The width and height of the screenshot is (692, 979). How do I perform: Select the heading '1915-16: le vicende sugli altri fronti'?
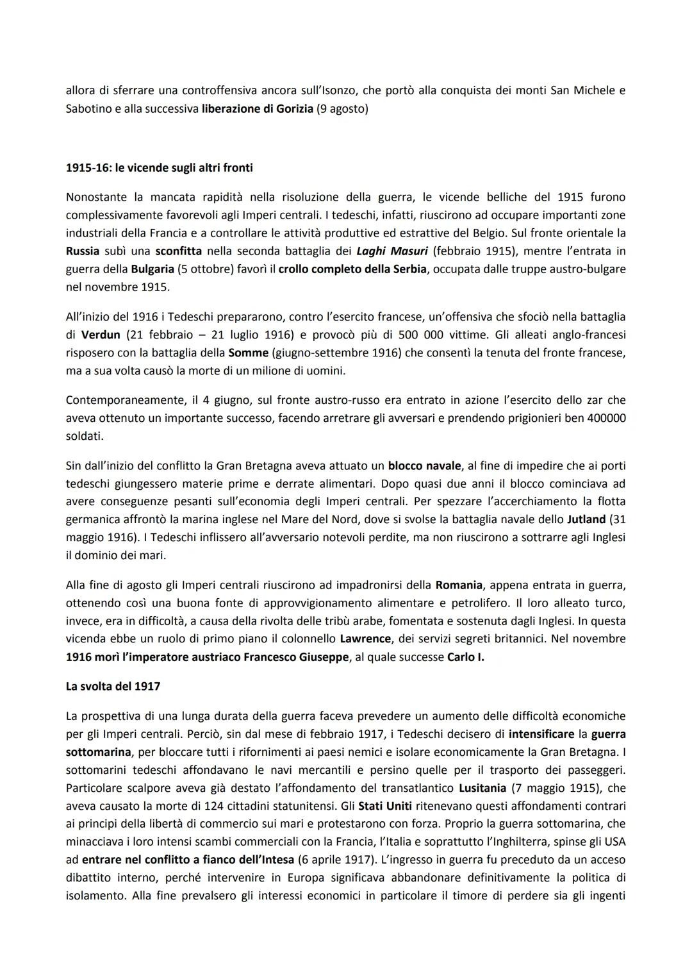[159, 168]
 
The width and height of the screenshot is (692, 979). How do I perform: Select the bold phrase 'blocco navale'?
[424, 465]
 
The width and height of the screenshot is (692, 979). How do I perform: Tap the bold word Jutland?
[586, 519]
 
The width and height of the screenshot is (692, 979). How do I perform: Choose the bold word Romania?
[458, 585]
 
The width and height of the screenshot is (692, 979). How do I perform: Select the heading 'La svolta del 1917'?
[113, 686]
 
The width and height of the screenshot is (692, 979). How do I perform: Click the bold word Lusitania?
[482, 787]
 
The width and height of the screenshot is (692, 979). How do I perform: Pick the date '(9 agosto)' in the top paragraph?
[343, 109]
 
